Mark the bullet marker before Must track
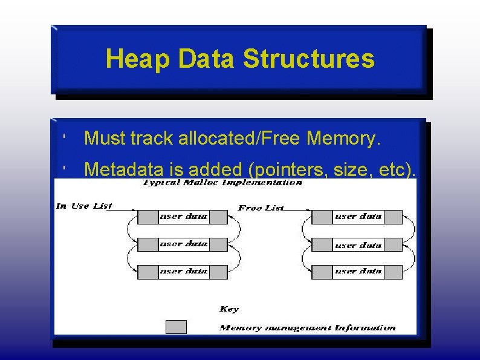click(x=64, y=139)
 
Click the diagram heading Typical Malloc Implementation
click(x=222, y=183)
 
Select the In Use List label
click(x=84, y=206)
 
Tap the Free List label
click(x=261, y=208)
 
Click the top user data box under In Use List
click(x=183, y=217)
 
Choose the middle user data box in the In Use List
click(x=183, y=244)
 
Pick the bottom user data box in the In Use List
click(x=183, y=272)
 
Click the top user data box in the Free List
click(x=358, y=217)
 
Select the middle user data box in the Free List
click(x=358, y=245)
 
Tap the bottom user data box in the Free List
click(x=358, y=272)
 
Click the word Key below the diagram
click(x=229, y=309)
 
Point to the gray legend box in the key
click(x=176, y=327)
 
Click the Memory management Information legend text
click(x=308, y=328)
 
